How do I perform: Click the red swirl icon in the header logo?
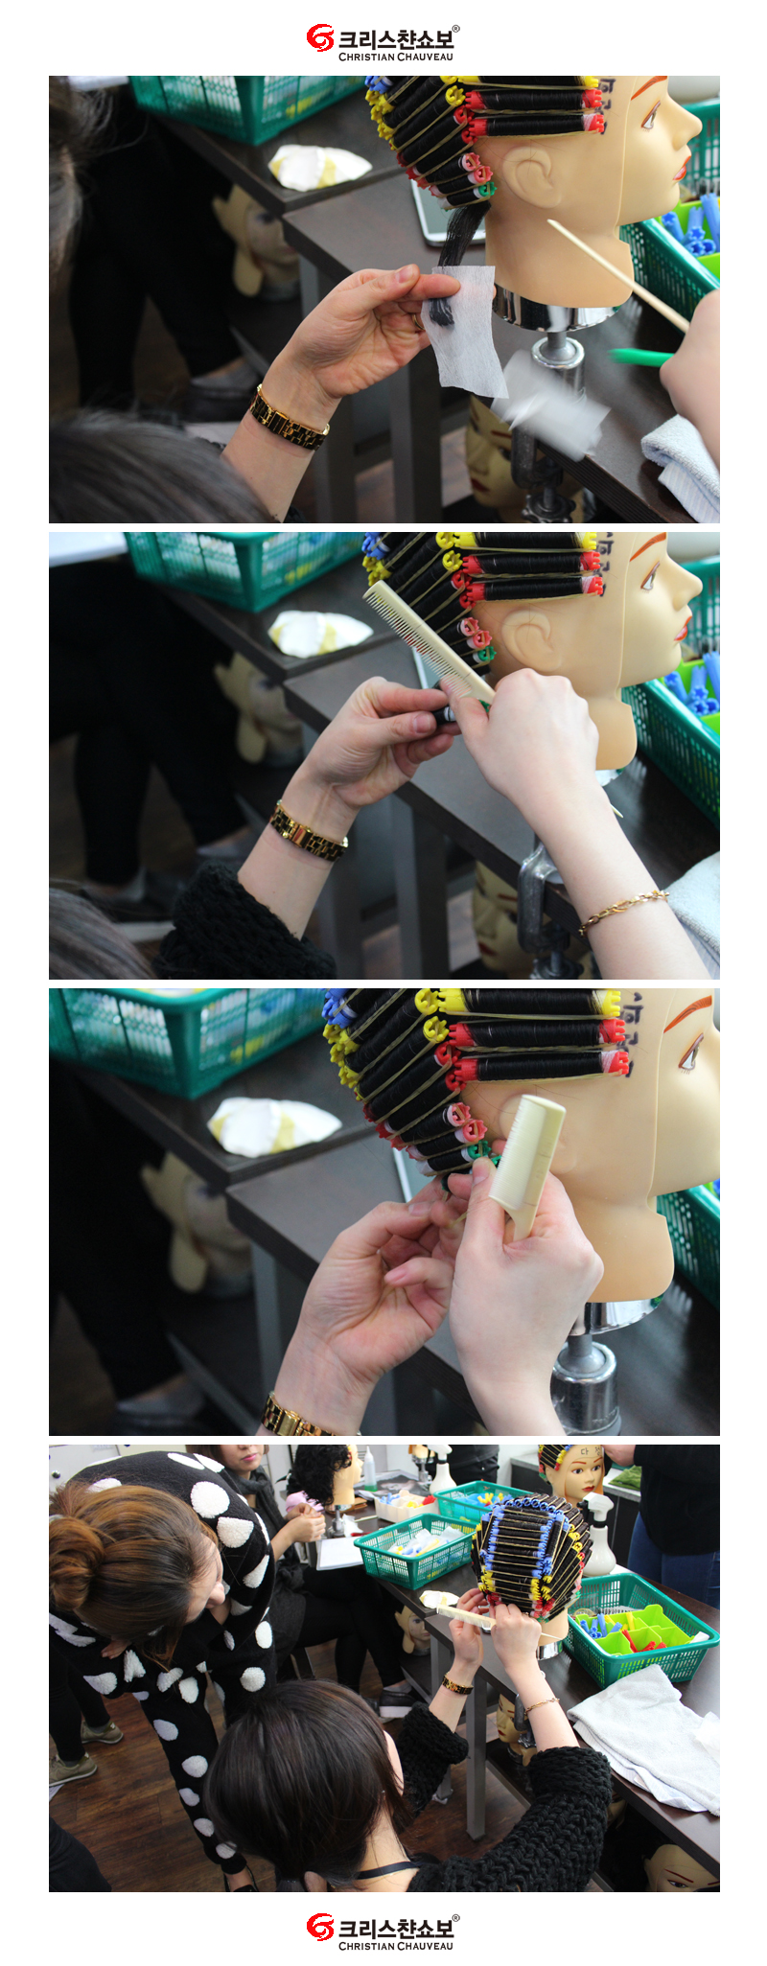[x=319, y=38]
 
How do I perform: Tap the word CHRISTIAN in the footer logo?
[x=366, y=1946]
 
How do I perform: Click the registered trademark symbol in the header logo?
[x=455, y=29]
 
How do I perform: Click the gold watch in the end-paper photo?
[x=289, y=418]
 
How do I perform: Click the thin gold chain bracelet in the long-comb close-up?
[x=623, y=909]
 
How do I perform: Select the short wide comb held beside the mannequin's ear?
[x=527, y=1165]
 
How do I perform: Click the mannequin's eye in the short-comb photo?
[x=689, y=1052]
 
